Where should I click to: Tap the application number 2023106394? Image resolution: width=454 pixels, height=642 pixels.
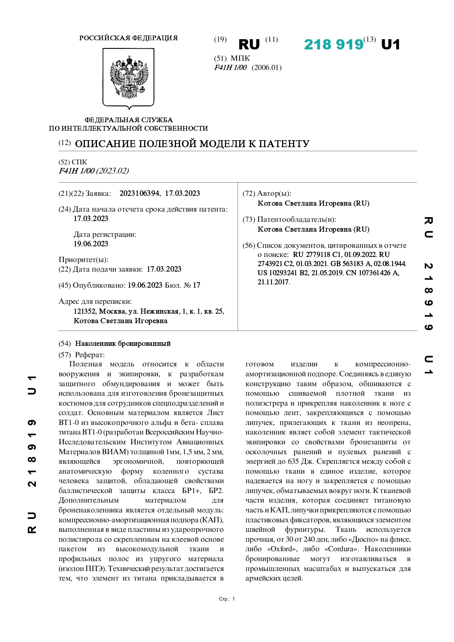[x=139, y=193]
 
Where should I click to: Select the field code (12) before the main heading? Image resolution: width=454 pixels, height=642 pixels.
[x=65, y=143]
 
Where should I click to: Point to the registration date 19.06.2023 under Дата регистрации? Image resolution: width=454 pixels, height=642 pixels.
[x=91, y=244]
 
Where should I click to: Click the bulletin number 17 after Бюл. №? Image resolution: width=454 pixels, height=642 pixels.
[x=196, y=285]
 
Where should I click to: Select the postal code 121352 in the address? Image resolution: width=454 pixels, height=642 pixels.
[x=85, y=311]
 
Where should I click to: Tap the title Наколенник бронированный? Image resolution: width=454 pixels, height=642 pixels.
[x=123, y=343]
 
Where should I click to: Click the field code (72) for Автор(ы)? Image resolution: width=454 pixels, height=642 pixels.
[x=249, y=193]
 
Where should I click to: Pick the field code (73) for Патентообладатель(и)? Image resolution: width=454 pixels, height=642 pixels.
[x=249, y=219]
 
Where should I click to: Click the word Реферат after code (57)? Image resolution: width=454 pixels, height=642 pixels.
[x=90, y=354]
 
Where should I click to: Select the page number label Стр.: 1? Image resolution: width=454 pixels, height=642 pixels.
[x=227, y=599]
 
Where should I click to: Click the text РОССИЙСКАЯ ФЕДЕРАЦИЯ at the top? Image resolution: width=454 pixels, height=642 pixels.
[x=128, y=38]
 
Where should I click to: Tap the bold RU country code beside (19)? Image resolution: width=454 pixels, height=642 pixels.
[x=249, y=45]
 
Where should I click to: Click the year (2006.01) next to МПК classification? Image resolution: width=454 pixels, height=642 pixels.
[x=267, y=67]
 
